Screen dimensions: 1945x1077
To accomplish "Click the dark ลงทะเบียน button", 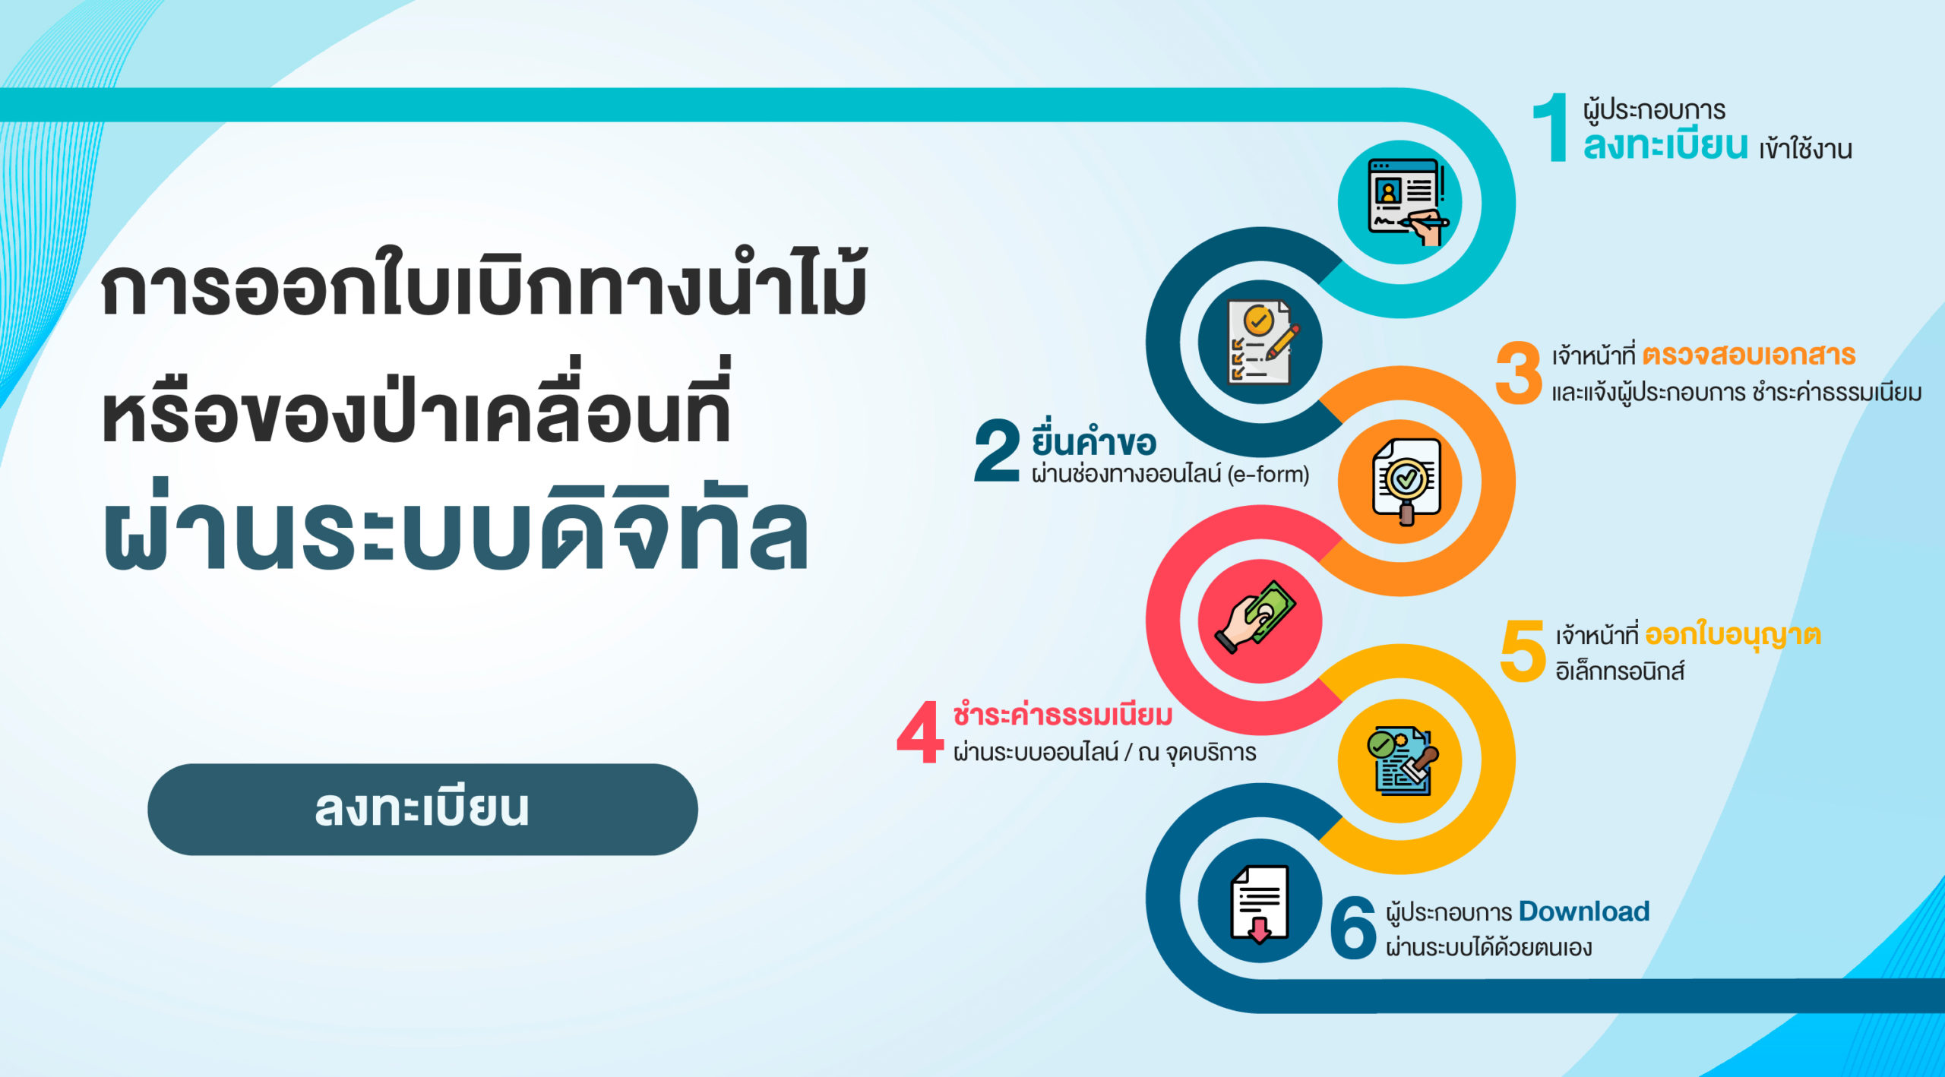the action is click(x=422, y=809).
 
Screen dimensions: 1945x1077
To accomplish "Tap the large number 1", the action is click(x=1551, y=127).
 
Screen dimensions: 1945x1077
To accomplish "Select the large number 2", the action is click(x=997, y=450).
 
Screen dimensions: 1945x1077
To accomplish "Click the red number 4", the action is click(x=920, y=731).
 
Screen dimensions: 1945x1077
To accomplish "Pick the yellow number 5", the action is click(x=1523, y=650).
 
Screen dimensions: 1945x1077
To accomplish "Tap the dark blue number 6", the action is click(x=1353, y=927).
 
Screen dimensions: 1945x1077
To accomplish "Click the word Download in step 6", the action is click(x=1584, y=911).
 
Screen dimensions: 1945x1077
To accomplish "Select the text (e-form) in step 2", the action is click(x=1268, y=474).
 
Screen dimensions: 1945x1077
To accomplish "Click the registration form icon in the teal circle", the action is click(x=1406, y=201).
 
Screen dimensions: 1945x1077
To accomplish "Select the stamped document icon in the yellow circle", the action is click(x=1403, y=760).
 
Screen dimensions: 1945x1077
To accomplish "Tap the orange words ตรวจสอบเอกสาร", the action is click(x=1749, y=355).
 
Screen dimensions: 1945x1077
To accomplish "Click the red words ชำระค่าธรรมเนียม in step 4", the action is click(x=1063, y=715).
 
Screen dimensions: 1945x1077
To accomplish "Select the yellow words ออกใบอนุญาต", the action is click(x=1733, y=635).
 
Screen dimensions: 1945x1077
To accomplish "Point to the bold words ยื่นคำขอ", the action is click(x=1093, y=439).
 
